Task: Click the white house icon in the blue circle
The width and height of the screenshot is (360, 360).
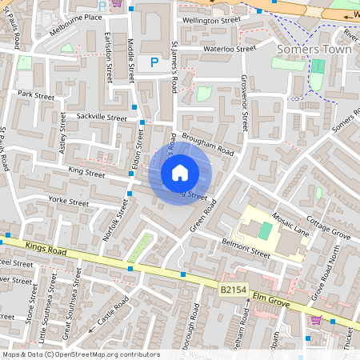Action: click(180, 172)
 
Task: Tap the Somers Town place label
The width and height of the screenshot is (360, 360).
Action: click(309, 50)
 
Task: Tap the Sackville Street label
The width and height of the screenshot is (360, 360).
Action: click(101, 118)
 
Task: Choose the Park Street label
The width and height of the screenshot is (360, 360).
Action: click(36, 94)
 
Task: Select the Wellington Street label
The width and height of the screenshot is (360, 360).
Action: click(211, 19)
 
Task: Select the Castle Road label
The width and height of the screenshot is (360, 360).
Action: click(114, 312)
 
